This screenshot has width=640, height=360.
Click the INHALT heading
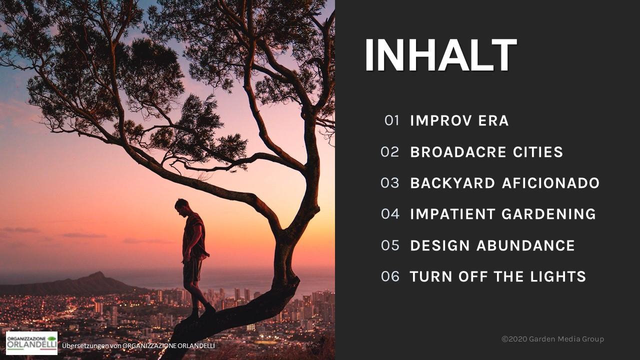(x=441, y=54)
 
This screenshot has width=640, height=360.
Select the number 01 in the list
(x=391, y=120)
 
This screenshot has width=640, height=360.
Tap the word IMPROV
(x=441, y=120)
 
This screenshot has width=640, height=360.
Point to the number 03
(x=389, y=183)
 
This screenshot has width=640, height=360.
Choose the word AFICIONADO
(x=550, y=183)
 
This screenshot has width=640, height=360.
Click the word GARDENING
(x=549, y=214)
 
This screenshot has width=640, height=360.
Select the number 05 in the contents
(x=390, y=245)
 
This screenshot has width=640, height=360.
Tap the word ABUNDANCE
(x=525, y=245)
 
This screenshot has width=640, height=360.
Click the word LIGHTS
(x=558, y=276)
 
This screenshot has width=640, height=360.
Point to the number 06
(x=390, y=276)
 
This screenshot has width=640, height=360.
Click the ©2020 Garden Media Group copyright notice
(x=552, y=339)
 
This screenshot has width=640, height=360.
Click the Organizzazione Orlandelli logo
(x=31, y=343)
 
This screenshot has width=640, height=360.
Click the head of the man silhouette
(x=182, y=205)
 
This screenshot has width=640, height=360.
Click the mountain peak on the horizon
(x=97, y=274)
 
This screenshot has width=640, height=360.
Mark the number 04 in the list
(x=390, y=214)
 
